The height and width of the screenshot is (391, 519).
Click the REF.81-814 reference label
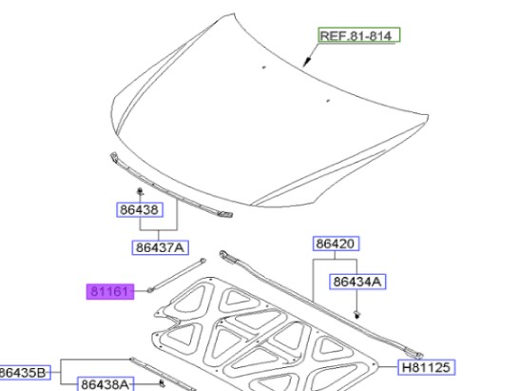coord(359,36)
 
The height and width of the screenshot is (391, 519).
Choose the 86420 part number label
coord(336,244)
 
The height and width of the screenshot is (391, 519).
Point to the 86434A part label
coord(356,282)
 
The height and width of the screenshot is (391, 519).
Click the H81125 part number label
coord(426,366)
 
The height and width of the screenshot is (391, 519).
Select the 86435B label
coord(24,372)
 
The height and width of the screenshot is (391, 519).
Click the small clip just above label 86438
coord(140,193)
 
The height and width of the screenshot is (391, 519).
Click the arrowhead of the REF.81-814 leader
coord(306,65)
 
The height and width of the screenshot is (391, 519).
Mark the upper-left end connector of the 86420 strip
coord(225,255)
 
